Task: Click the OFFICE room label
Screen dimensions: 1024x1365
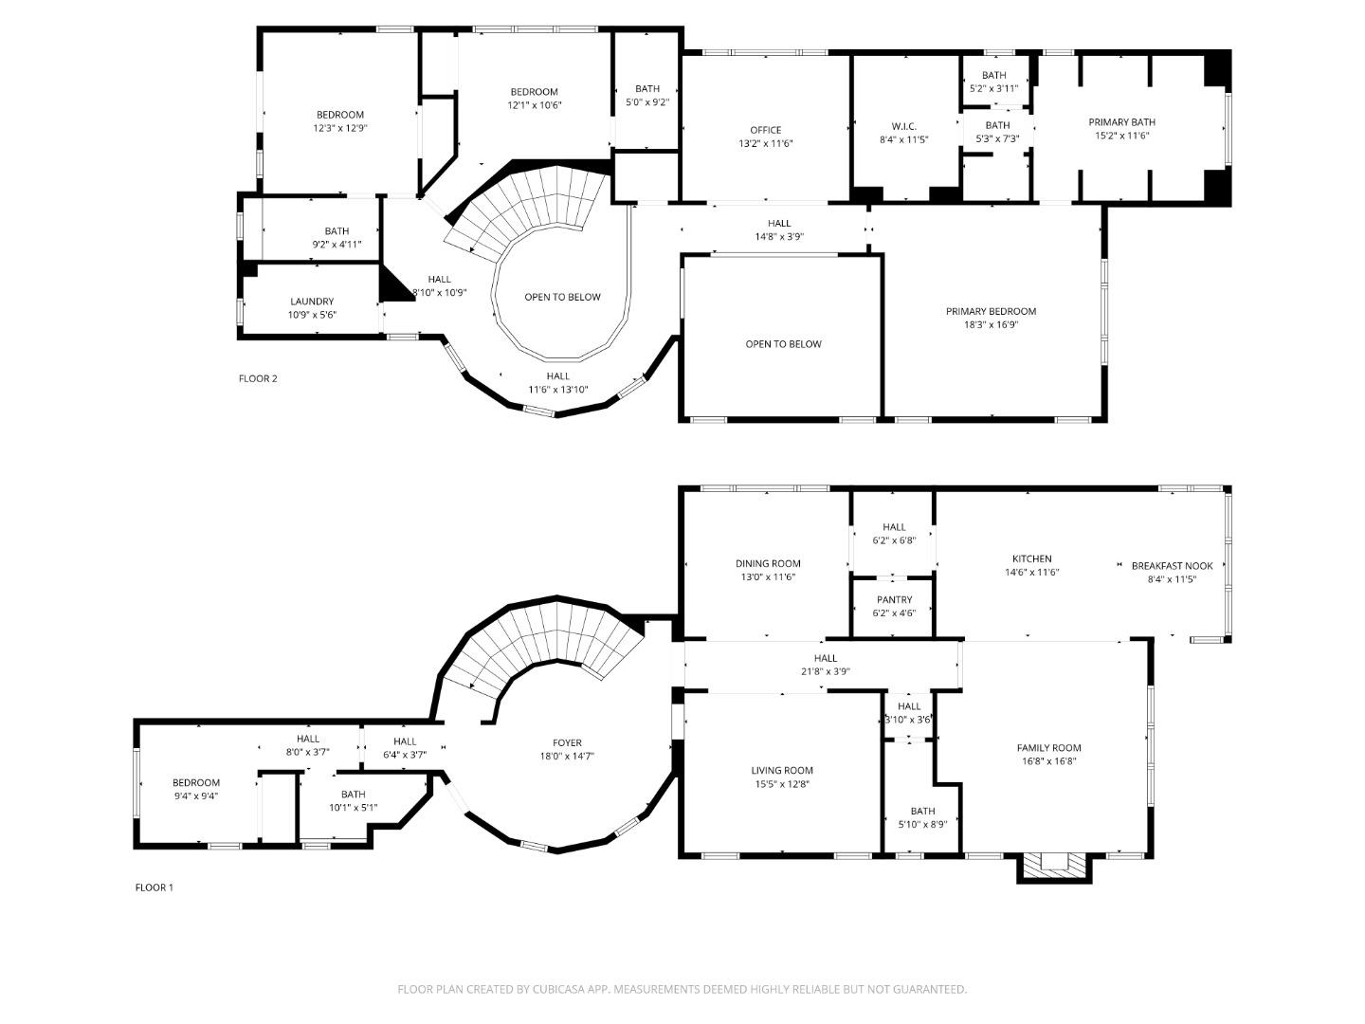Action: [765, 130]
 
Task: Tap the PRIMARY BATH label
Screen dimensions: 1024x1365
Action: [1121, 122]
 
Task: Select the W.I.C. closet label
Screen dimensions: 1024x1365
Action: [903, 126]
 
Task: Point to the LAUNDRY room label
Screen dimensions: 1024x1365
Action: [312, 302]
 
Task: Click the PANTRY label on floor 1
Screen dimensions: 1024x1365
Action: [894, 599]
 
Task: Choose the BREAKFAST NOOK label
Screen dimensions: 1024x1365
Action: [1172, 566]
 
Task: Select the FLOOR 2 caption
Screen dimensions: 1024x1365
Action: [258, 379]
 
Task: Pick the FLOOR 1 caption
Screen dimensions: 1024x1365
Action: [155, 888]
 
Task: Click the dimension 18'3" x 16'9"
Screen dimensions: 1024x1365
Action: [991, 325]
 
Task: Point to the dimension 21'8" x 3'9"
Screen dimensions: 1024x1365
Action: [825, 671]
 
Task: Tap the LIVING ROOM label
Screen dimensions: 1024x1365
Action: [782, 771]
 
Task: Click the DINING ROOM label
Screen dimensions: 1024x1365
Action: [768, 563]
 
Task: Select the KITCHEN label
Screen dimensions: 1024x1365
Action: [1031, 558]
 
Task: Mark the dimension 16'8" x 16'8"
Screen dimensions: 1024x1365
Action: [1048, 761]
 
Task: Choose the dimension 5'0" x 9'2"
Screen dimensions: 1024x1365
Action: [647, 102]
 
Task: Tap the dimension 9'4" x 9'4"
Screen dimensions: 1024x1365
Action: [196, 796]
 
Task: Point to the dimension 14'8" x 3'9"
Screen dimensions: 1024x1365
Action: [779, 237]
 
